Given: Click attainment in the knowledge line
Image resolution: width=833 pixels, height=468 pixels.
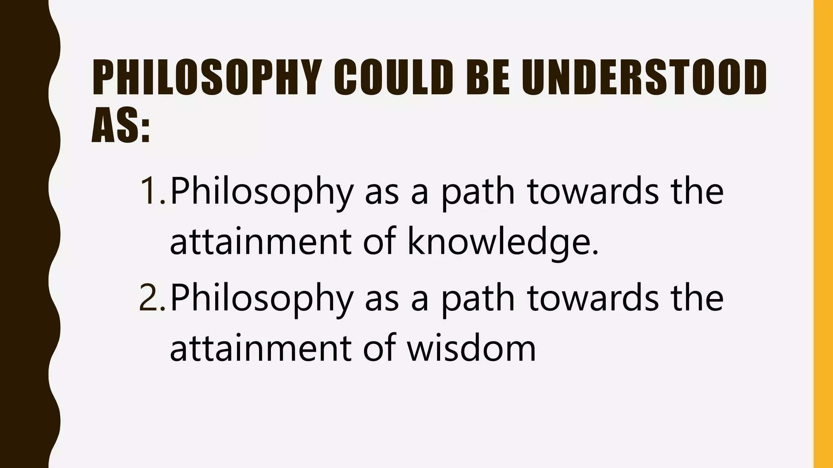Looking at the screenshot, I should pyautogui.click(x=260, y=242).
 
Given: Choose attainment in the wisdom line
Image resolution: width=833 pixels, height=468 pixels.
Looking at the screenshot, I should pyautogui.click(x=260, y=348).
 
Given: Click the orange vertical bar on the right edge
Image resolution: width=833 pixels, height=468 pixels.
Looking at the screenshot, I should pyautogui.click(x=823, y=234).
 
